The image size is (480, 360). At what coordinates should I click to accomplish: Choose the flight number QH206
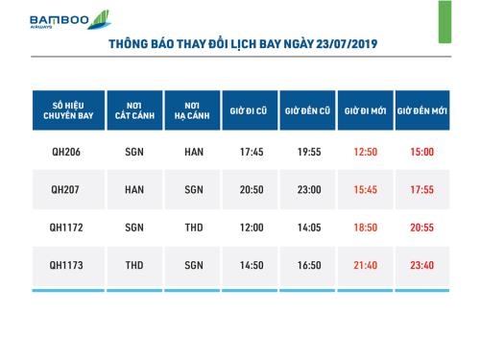[66, 152]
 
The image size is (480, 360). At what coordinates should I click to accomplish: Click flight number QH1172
[66, 227]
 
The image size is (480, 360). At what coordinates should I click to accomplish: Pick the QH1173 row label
[66, 264]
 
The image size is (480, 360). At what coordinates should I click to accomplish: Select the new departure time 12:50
[366, 152]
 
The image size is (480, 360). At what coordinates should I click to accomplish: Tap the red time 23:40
[422, 264]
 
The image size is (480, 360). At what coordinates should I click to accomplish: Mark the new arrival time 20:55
[422, 227]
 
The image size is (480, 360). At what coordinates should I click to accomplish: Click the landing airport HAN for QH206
[193, 152]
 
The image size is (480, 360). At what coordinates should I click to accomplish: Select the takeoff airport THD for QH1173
[134, 264]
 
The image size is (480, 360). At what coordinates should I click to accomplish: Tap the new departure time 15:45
[366, 189]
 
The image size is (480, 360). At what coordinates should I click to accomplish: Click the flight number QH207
[66, 189]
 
